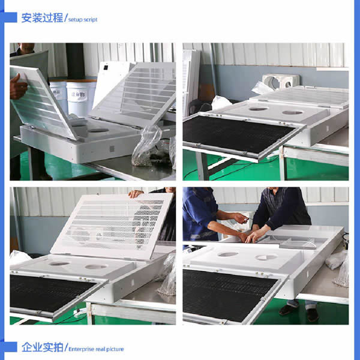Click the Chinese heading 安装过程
click(42, 18)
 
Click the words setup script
click(83, 20)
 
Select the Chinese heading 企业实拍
click(42, 347)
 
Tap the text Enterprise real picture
click(96, 349)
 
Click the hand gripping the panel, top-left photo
click(18, 87)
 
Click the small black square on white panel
click(106, 67)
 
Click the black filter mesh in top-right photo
click(239, 134)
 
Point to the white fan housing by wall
click(281, 82)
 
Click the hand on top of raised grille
click(136, 194)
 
